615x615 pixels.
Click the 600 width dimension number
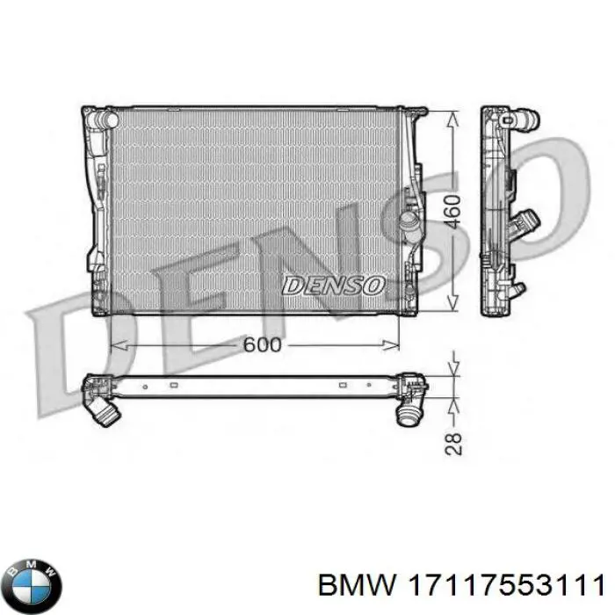[262, 344]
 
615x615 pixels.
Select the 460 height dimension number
[451, 212]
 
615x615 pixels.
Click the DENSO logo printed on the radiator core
[334, 285]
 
